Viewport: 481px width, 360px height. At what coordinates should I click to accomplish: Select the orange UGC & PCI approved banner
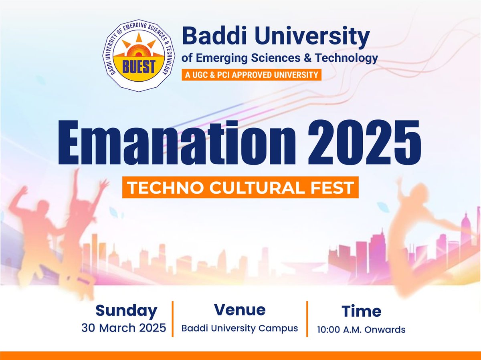[251, 74]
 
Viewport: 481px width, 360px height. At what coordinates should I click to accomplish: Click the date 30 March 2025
[124, 328]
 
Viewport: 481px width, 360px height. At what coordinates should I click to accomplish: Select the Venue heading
[240, 310]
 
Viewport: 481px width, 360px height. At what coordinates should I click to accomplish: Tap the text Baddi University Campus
[240, 328]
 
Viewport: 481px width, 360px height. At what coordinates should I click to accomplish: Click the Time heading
[361, 311]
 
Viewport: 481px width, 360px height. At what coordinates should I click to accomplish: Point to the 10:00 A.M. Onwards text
[361, 330]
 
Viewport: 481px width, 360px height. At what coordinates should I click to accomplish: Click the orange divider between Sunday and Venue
[173, 318]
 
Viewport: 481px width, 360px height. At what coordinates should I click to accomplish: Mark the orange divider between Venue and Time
[307, 318]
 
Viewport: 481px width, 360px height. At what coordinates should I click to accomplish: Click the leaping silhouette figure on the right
[417, 236]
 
